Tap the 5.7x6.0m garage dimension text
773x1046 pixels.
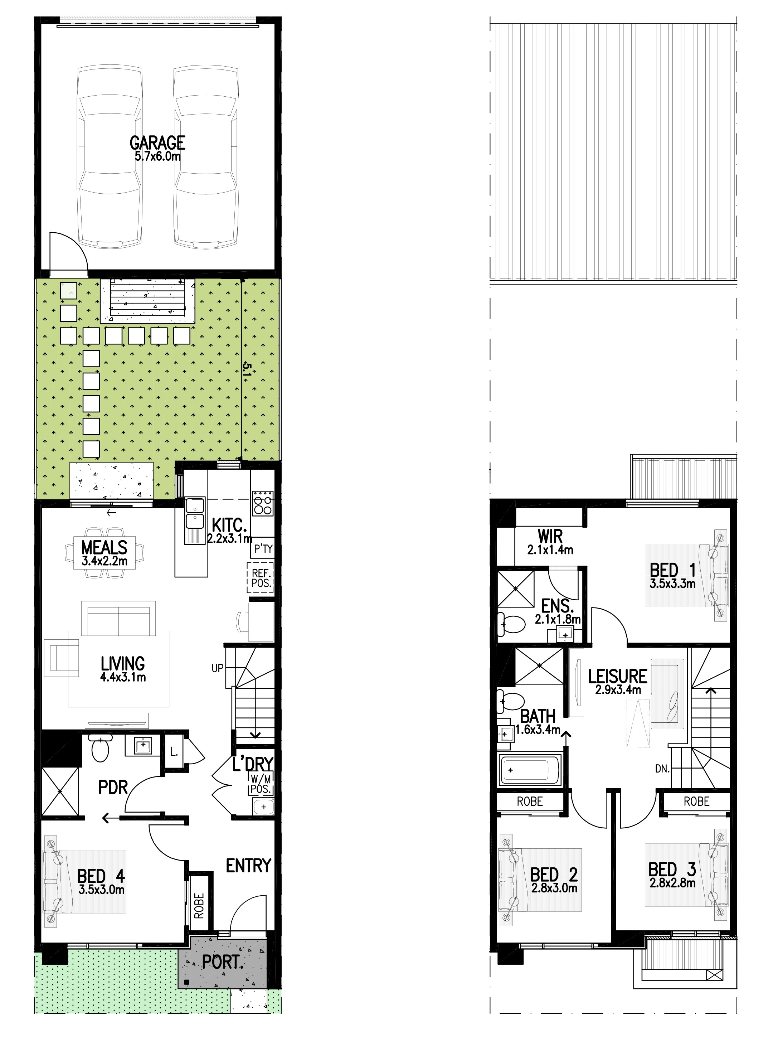[158, 156]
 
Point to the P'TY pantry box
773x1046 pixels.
[263, 548]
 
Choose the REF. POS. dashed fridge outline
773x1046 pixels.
[261, 578]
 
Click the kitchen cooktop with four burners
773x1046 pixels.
[263, 503]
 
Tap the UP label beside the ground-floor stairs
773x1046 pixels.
[218, 668]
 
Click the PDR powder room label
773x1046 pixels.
[113, 787]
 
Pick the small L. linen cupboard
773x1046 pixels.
[174, 752]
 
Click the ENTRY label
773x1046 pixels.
[248, 866]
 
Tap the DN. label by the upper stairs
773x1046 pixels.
[662, 769]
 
